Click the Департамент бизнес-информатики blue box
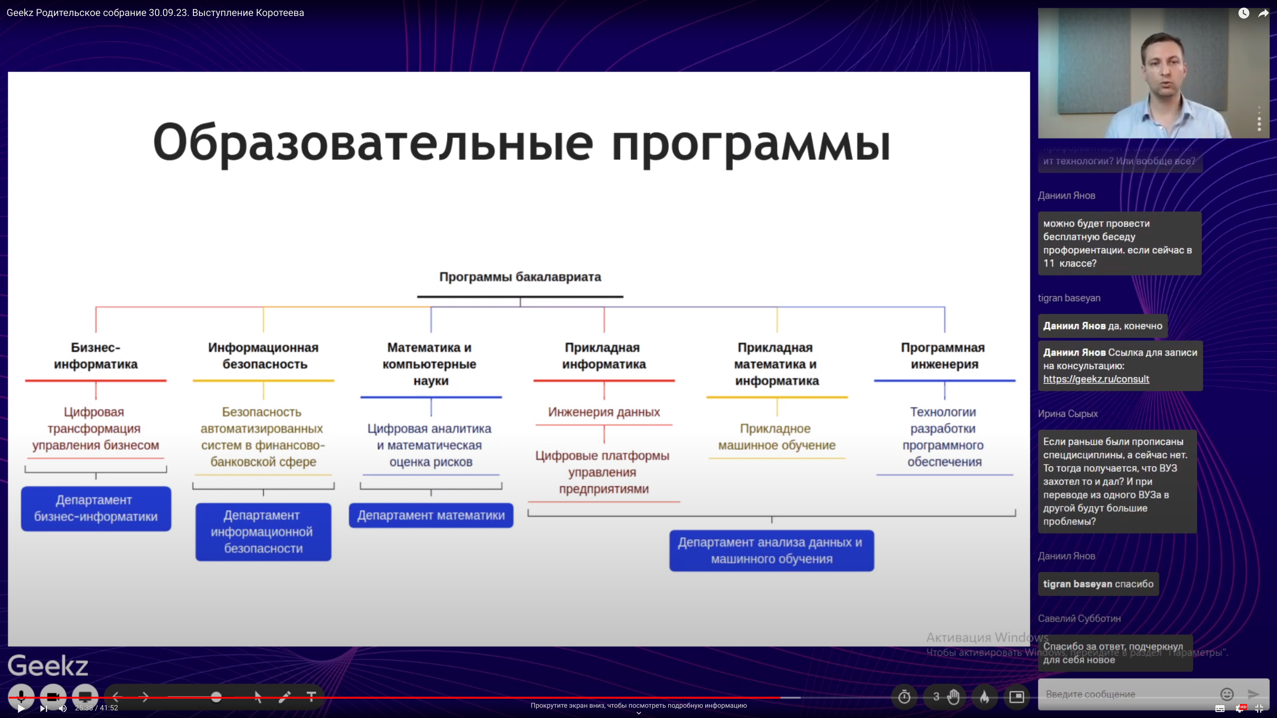96,508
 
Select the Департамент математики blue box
431,515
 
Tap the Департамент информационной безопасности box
263,532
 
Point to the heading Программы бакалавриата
520,277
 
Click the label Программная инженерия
944,356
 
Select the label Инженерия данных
604,412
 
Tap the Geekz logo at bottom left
48,665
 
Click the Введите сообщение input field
1125,694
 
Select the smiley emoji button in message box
1226,694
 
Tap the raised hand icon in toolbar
953,697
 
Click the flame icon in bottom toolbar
984,697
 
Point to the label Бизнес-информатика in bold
96,356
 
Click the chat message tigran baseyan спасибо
1097,584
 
